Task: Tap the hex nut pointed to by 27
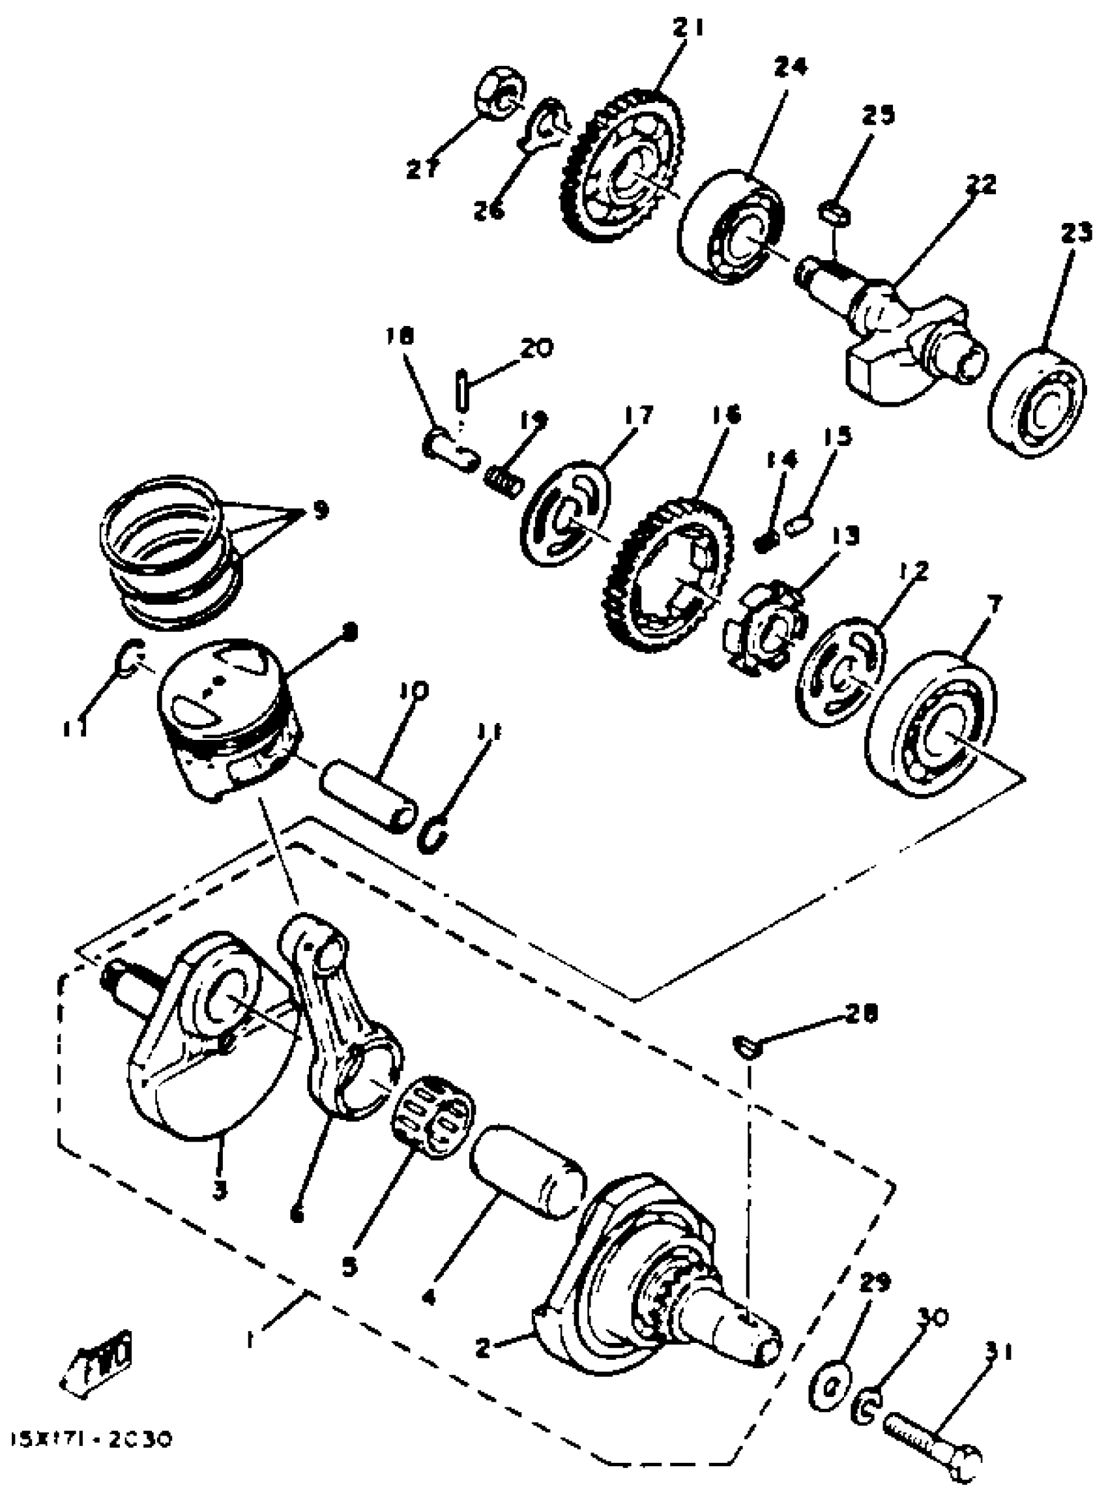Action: click(x=500, y=93)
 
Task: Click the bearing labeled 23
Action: click(x=1038, y=402)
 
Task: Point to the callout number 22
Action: click(x=980, y=183)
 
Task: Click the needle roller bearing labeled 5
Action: click(x=433, y=1113)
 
